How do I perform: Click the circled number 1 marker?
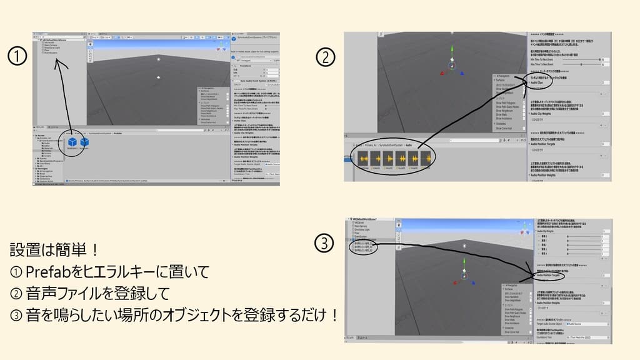pyautogui.click(x=16, y=58)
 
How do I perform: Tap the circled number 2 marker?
pyautogui.click(x=326, y=58)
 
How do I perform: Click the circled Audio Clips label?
pyautogui.click(x=537, y=82)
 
